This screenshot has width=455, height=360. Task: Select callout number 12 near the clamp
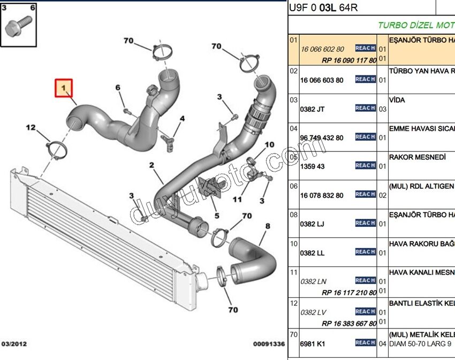click(x=31, y=127)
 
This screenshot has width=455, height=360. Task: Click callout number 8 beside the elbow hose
click(x=267, y=227)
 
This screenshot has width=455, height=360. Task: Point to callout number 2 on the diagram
click(x=152, y=165)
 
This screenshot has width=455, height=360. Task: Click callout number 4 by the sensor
click(x=182, y=118)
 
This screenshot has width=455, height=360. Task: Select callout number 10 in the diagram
click(x=269, y=145)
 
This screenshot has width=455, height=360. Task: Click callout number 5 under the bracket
click(x=217, y=216)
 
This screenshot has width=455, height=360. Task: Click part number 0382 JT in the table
click(x=313, y=109)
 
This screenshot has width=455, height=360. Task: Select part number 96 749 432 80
click(x=322, y=137)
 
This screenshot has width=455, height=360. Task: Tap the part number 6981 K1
click(x=313, y=344)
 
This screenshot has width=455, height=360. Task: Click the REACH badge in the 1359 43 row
click(x=365, y=165)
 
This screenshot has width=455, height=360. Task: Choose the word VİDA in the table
click(x=397, y=100)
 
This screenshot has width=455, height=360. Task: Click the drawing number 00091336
click(x=270, y=344)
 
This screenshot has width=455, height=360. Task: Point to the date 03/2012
click(x=14, y=344)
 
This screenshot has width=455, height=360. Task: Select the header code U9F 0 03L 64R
click(x=323, y=7)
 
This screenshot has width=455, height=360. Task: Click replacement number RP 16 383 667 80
click(x=349, y=324)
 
